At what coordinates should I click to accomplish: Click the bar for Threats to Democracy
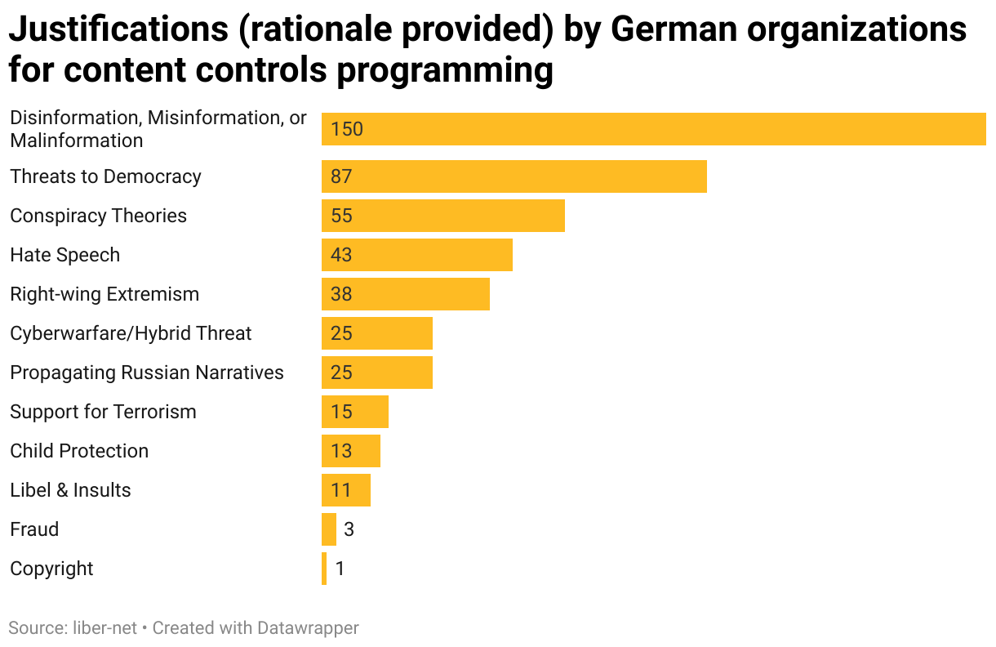(514, 176)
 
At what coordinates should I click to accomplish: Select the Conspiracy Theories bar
(442, 216)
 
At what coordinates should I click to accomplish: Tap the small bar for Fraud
(329, 529)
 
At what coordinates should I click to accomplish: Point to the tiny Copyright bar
(324, 569)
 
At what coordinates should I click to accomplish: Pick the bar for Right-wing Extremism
(405, 294)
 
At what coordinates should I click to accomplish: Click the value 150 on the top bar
(347, 129)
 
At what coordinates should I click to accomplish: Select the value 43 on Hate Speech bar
(341, 255)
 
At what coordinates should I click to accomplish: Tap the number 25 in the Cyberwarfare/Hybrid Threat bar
(341, 333)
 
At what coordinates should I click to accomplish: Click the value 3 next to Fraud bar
(349, 529)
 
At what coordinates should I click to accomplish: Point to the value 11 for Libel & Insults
(340, 490)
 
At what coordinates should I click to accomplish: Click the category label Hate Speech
(64, 255)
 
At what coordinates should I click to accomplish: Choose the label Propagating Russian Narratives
(147, 373)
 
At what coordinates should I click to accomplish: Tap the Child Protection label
(79, 451)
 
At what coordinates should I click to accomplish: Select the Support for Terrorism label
(103, 412)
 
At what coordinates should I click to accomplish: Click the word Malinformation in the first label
(76, 141)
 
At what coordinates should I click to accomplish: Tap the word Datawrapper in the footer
(308, 627)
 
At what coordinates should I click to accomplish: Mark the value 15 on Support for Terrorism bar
(341, 412)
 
